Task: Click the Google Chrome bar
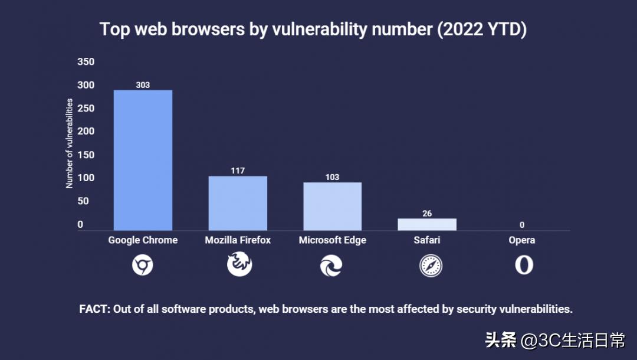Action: (143, 160)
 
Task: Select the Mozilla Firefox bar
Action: (238, 203)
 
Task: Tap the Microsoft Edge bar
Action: (333, 206)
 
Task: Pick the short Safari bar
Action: (427, 224)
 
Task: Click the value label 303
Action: (143, 85)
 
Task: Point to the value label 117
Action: (238, 171)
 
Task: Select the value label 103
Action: (333, 177)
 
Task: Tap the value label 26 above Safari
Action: (427, 213)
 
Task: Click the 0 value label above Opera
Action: (522, 225)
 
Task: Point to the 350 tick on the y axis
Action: (86, 62)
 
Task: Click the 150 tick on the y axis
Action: (86, 155)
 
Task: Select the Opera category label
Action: (522, 240)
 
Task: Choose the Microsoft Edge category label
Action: (333, 240)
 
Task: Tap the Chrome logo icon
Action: (143, 266)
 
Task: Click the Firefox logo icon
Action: (239, 264)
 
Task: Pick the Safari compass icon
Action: (431, 266)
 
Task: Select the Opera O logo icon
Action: (524, 265)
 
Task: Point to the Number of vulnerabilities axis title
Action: (70, 143)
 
